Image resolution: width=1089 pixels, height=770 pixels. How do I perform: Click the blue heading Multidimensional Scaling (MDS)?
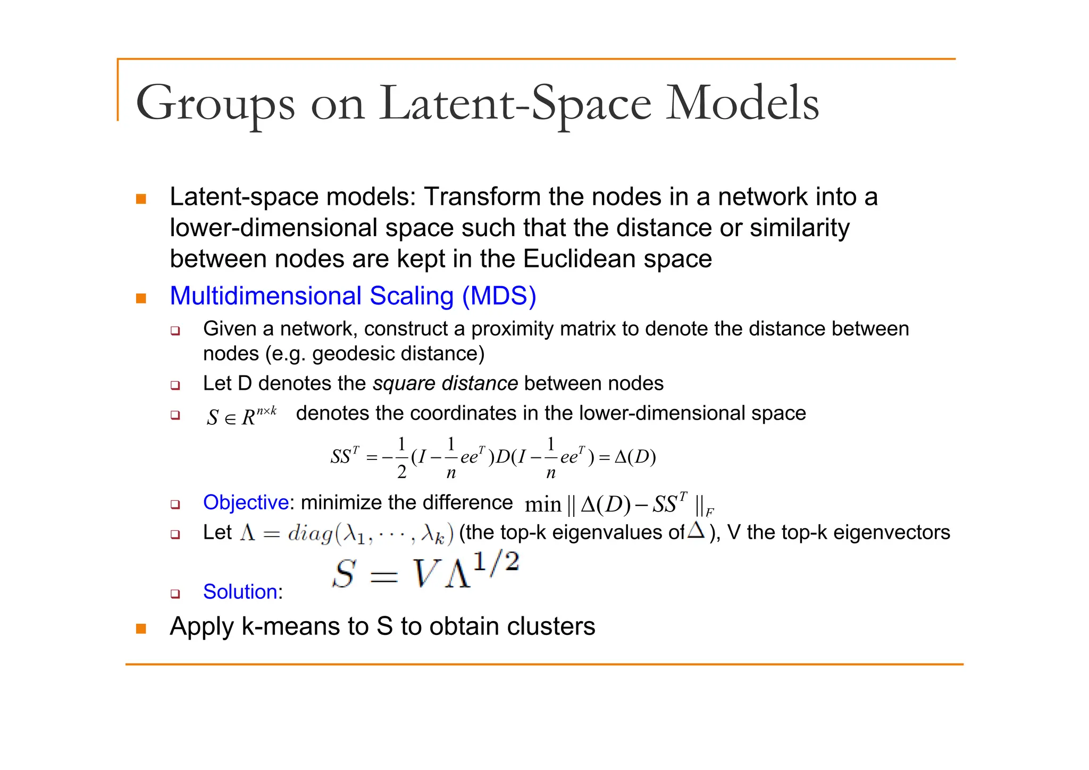click(x=353, y=296)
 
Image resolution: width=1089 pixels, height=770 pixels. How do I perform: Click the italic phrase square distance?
click(x=445, y=383)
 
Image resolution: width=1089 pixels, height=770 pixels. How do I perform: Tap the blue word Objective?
click(x=246, y=503)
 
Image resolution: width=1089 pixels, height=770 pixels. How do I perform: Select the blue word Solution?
click(x=240, y=592)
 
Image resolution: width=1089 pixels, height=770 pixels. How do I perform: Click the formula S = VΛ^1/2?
click(x=425, y=571)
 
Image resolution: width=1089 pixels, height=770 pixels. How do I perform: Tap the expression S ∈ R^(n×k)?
click(x=241, y=415)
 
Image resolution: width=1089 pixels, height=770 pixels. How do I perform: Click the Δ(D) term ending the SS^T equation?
click(x=635, y=457)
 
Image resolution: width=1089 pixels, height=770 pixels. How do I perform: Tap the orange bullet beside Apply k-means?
click(x=141, y=629)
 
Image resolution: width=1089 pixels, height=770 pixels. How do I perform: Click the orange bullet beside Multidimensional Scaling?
click(x=141, y=298)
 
